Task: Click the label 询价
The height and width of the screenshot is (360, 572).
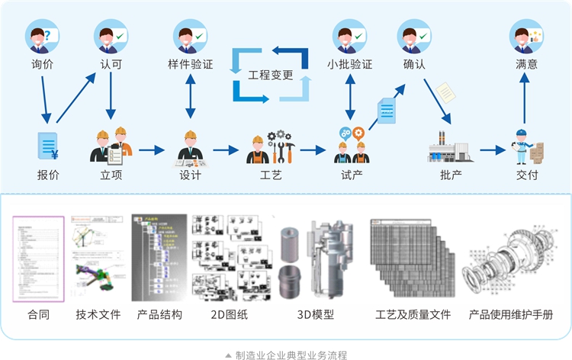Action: click(43, 65)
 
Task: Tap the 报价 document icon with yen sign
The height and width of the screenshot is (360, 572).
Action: click(48, 146)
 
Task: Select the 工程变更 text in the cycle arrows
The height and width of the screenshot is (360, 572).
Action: click(271, 75)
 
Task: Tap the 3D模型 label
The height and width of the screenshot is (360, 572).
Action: click(315, 314)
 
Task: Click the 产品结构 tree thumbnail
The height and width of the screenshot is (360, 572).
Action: click(159, 258)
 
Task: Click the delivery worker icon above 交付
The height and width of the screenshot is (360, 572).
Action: click(529, 146)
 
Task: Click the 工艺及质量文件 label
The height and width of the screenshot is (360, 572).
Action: click(413, 314)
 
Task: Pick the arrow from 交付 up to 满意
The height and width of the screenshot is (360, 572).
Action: click(526, 101)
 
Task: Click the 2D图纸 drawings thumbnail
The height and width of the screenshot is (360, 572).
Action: click(230, 258)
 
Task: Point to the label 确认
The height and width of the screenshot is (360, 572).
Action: click(414, 65)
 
